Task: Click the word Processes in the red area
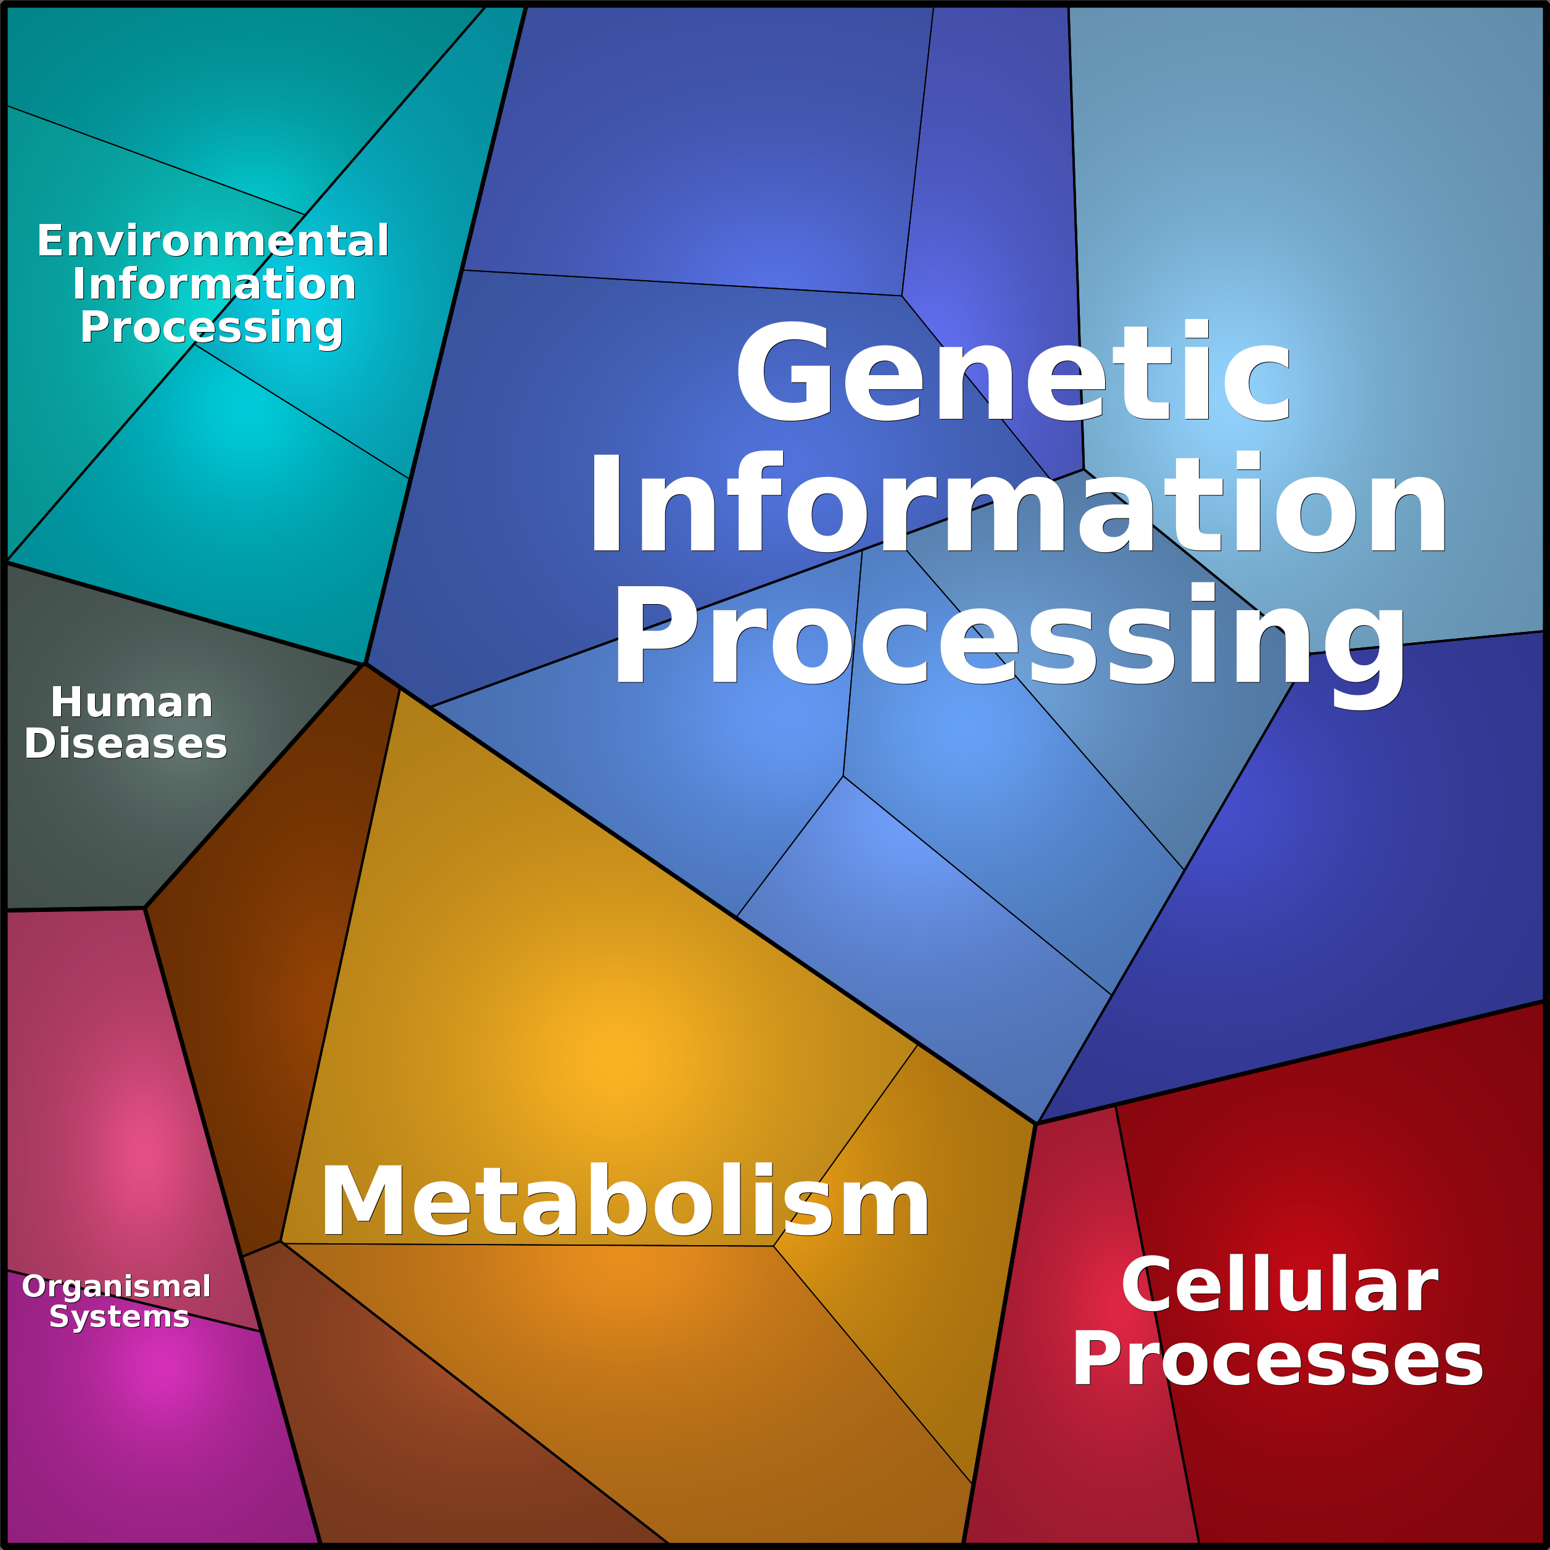click(x=1278, y=1360)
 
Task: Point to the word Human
click(x=131, y=703)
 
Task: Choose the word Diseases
click(x=126, y=744)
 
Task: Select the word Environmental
click(x=213, y=241)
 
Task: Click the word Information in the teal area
click(x=214, y=284)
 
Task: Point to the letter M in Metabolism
click(x=365, y=1201)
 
